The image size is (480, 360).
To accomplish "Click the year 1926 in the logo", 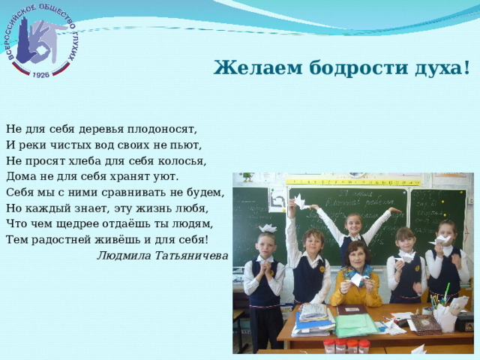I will pos(41,74).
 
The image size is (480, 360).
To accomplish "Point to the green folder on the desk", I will pos(356,325).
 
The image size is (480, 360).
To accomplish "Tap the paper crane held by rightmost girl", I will pos(444,241).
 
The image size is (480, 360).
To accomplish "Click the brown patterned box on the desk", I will pos(425,323).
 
